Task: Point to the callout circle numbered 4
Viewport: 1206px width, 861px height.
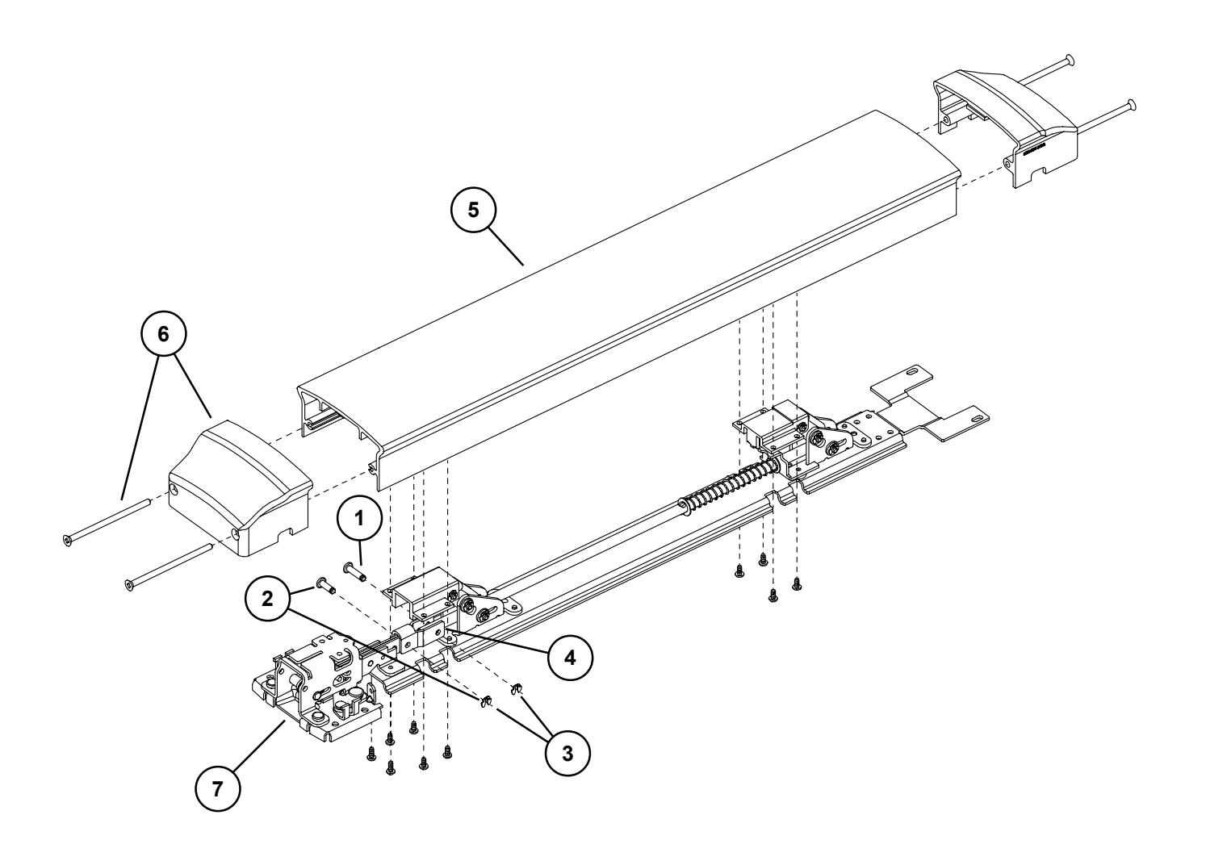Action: [570, 656]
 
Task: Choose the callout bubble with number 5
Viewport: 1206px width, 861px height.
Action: [474, 210]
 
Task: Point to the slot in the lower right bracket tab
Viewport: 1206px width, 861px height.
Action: [976, 420]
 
